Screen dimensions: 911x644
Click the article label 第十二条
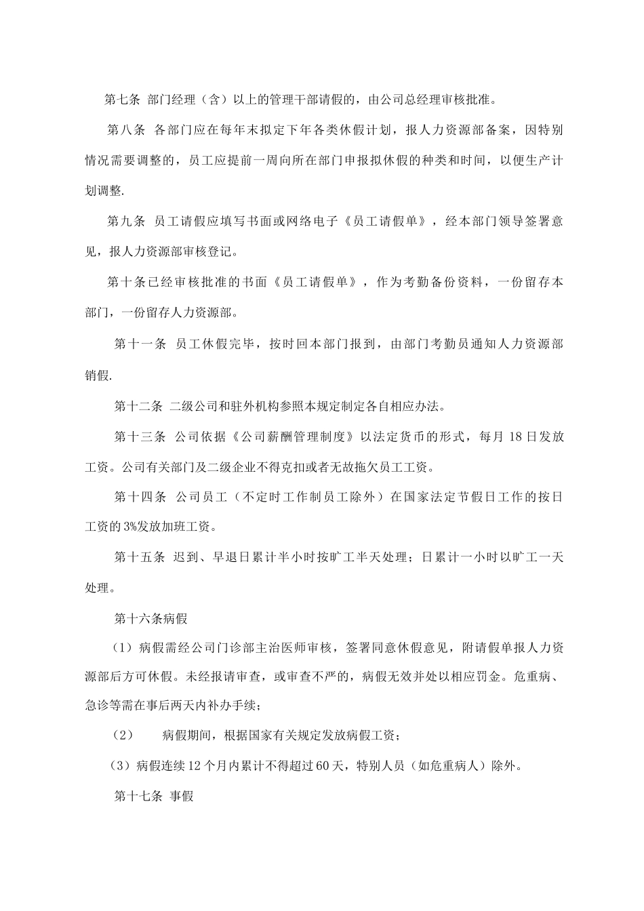click(x=138, y=407)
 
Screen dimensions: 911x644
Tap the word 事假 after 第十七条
click(x=182, y=796)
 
